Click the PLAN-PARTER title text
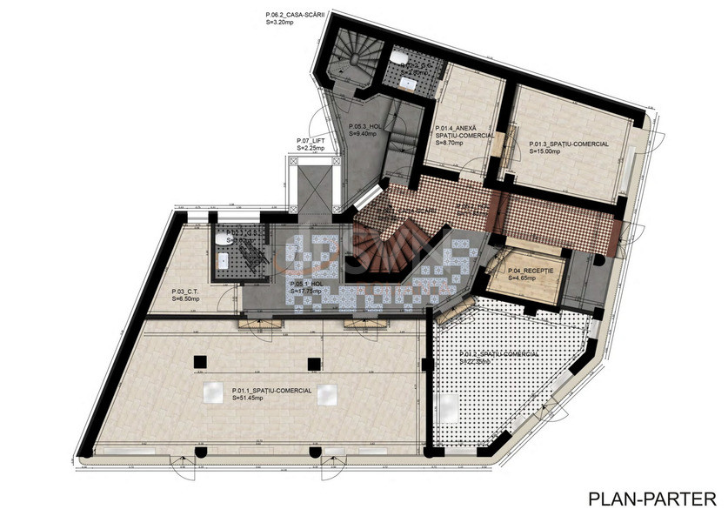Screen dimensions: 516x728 [651, 499]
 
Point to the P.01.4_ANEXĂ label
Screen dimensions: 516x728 [464, 127]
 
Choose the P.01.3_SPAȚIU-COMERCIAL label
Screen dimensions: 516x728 [569, 144]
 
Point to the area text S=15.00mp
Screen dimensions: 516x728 [548, 151]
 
